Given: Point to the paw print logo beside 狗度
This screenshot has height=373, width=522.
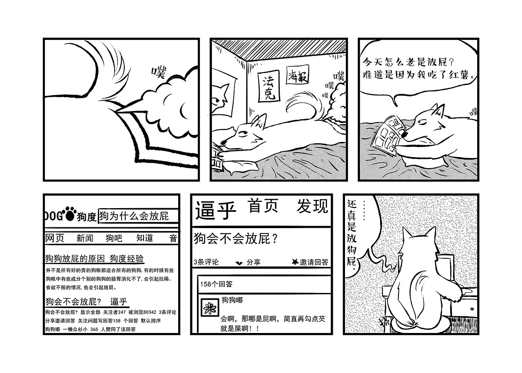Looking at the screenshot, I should click(x=70, y=215).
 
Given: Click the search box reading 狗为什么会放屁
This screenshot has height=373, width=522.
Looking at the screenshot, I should click(x=137, y=216).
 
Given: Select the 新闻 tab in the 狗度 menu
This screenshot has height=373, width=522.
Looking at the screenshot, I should click(x=84, y=238).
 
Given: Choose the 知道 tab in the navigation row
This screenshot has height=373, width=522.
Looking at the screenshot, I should click(x=144, y=238).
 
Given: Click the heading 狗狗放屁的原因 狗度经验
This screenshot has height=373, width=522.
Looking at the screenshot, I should click(x=94, y=258).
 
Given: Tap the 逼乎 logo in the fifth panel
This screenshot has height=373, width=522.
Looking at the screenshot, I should click(x=216, y=211).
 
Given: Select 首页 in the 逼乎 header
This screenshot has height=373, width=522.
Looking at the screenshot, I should click(x=263, y=206).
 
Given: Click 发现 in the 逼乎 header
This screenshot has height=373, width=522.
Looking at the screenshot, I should click(x=312, y=206).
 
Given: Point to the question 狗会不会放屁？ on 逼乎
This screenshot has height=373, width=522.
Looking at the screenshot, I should click(x=236, y=239).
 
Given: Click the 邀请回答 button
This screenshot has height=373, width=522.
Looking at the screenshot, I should click(x=310, y=262).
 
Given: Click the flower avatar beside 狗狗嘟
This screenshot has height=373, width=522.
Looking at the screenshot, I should click(x=209, y=309).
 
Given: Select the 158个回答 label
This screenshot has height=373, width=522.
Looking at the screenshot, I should click(x=216, y=284).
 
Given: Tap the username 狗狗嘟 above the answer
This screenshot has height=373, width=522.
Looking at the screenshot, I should click(x=232, y=300).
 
